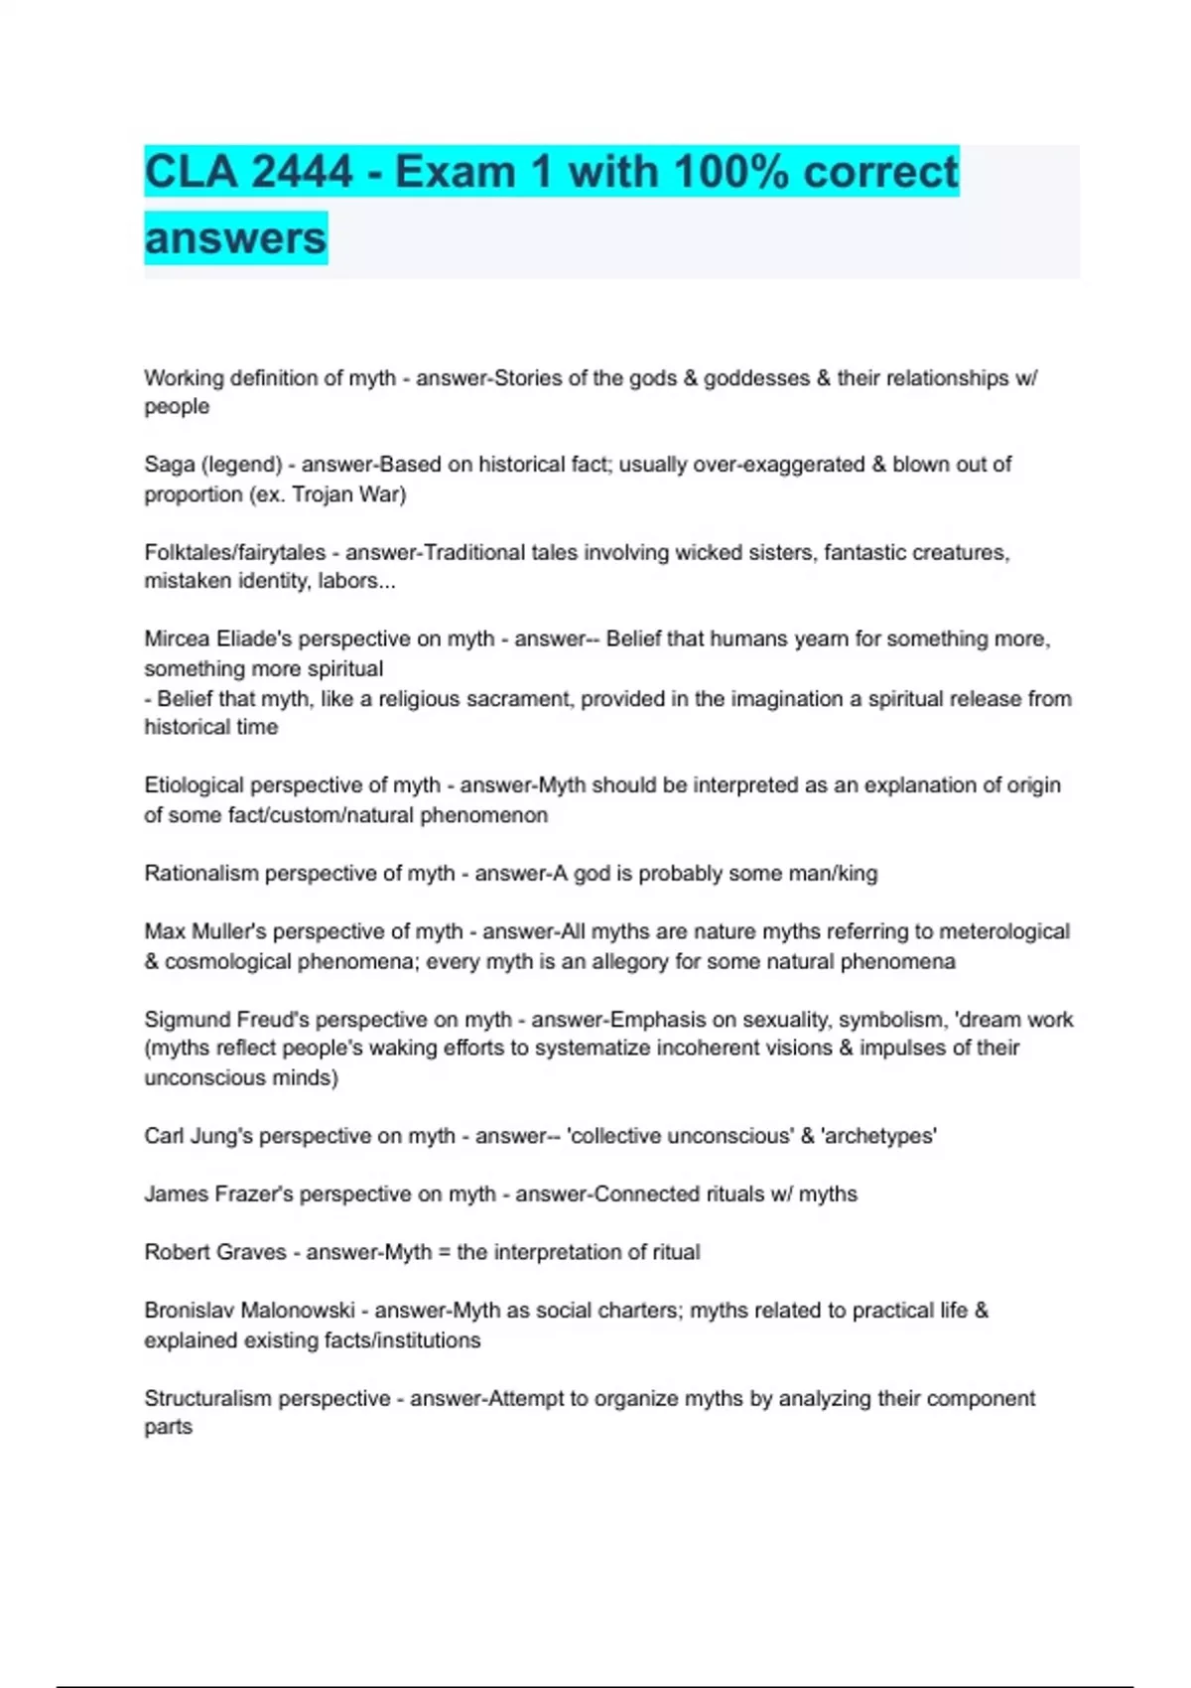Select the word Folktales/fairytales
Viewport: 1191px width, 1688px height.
pos(235,552)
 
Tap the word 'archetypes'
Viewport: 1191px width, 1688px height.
pos(879,1136)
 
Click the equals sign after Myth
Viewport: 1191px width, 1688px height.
pos(444,1252)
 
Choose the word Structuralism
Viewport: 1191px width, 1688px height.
pos(205,1398)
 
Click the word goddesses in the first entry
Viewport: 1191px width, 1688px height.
pos(756,378)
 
